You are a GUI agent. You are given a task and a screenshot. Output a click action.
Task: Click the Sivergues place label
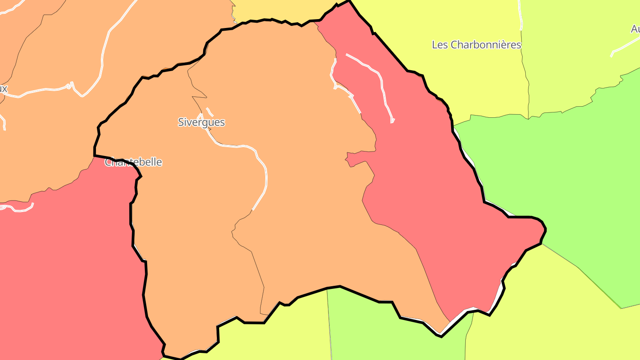pos(201,122)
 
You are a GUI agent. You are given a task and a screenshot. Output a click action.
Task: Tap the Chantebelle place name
pos(133,162)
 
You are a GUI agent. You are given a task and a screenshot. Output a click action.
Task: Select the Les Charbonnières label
pos(476,45)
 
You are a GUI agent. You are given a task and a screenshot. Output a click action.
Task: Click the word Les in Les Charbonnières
pos(440,45)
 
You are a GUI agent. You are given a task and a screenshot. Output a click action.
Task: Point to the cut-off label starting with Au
pos(635,29)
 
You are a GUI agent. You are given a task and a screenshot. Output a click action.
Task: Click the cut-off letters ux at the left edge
pos(3,88)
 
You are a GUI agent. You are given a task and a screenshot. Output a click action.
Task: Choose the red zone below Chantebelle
pos(67,267)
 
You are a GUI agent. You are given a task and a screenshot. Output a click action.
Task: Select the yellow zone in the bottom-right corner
pos(556,311)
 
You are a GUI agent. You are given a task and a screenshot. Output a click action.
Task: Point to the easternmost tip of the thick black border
pos(545,229)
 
